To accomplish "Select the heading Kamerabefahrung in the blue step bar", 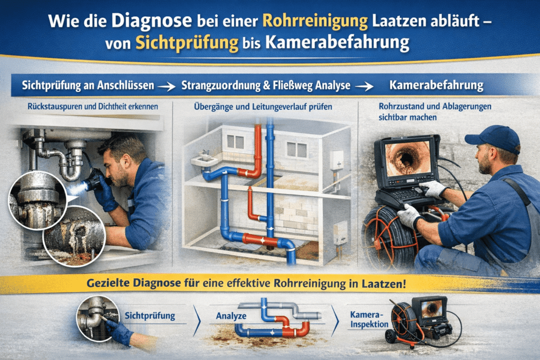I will click(x=436, y=85).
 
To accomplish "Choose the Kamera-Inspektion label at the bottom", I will click(x=369, y=319).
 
